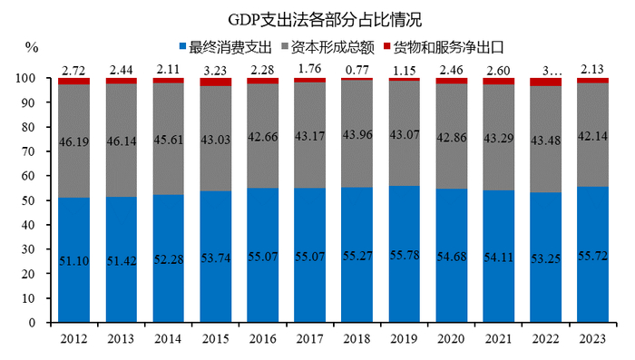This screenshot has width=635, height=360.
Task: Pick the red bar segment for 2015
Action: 215,83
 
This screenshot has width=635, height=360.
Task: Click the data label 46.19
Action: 73,142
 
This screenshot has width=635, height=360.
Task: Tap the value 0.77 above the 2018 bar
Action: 357,68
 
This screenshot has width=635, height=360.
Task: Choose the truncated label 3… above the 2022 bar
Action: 545,68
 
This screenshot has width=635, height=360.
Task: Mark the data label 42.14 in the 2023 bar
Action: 592,138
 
